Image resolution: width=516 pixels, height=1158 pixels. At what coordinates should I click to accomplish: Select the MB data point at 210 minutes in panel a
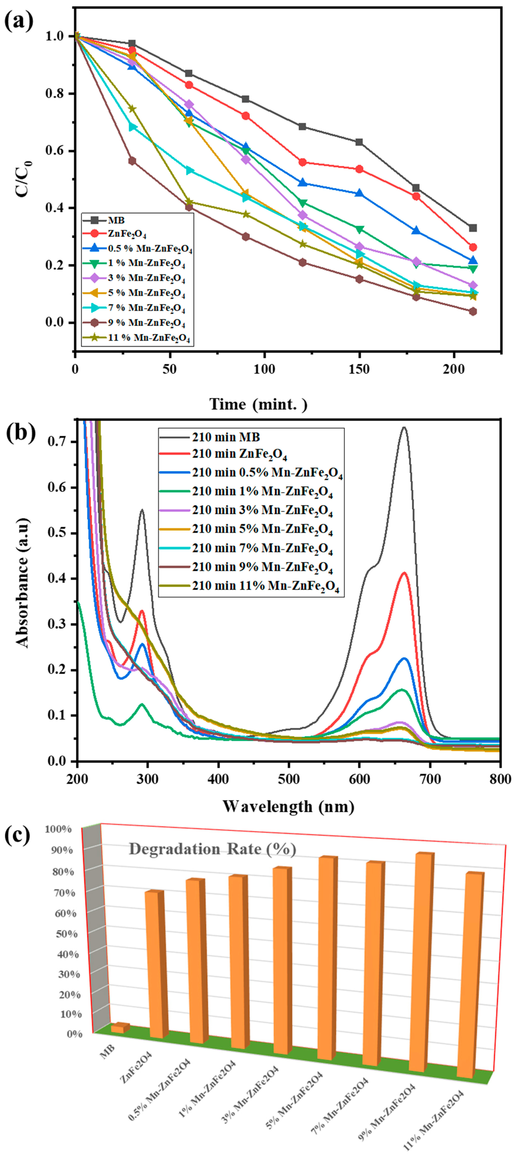pyautogui.click(x=473, y=228)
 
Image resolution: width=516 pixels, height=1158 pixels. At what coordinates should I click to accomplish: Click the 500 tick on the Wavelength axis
pyautogui.click(x=289, y=779)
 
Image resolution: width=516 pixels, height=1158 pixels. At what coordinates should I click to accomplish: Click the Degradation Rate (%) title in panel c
pyautogui.click(x=212, y=849)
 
